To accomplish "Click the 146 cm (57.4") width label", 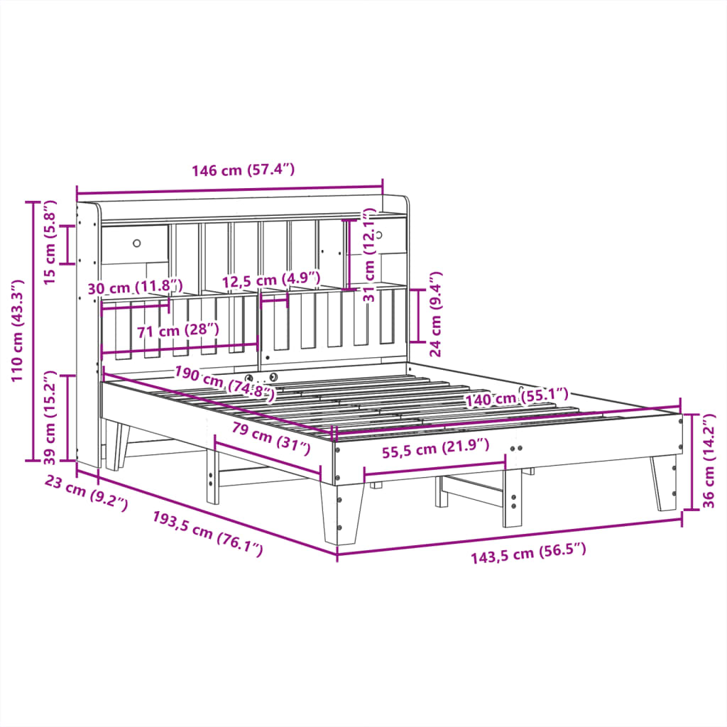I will point(243,170).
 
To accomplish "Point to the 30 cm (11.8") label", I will point(135,288).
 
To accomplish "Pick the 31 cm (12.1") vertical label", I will point(368,256).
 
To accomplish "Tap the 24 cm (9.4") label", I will point(436,313).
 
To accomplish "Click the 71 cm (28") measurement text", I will point(177,330).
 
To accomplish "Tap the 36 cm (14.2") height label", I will point(712,462).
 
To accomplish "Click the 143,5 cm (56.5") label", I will point(529,552).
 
